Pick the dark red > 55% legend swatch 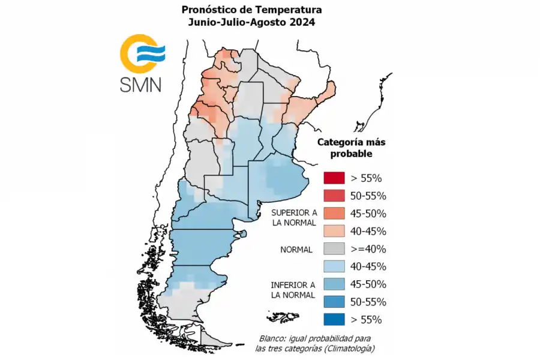(x=334, y=178)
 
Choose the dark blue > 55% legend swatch (x=334, y=319)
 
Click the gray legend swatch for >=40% (x=334, y=249)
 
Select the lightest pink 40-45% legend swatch (x=334, y=231)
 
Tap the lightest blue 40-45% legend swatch (x=334, y=266)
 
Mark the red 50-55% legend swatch (x=334, y=196)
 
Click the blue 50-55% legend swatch (x=334, y=302)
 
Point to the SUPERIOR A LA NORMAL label (x=293, y=218)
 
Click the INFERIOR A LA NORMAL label (x=293, y=289)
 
